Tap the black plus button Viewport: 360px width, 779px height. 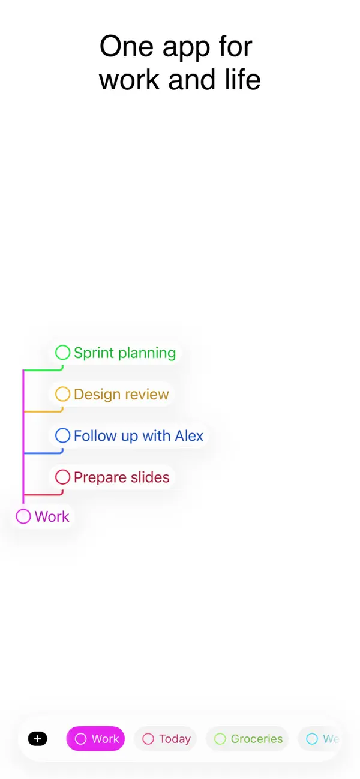[x=37, y=739]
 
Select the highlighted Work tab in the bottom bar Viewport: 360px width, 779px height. [x=96, y=739]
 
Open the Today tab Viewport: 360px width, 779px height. [x=166, y=739]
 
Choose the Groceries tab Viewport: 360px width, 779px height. [x=247, y=739]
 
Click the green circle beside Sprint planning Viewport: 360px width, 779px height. [x=63, y=353]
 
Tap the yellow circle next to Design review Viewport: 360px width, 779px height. [x=63, y=394]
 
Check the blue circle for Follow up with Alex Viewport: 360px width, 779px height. [x=63, y=435]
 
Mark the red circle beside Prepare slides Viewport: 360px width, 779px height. [x=63, y=477]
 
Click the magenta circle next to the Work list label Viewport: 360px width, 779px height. [x=23, y=516]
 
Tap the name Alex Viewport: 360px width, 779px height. [x=189, y=436]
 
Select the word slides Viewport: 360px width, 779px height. [x=149, y=477]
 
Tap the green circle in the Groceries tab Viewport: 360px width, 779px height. [x=220, y=739]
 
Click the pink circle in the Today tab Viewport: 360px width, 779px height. [x=148, y=739]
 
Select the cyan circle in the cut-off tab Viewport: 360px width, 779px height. [x=312, y=739]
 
